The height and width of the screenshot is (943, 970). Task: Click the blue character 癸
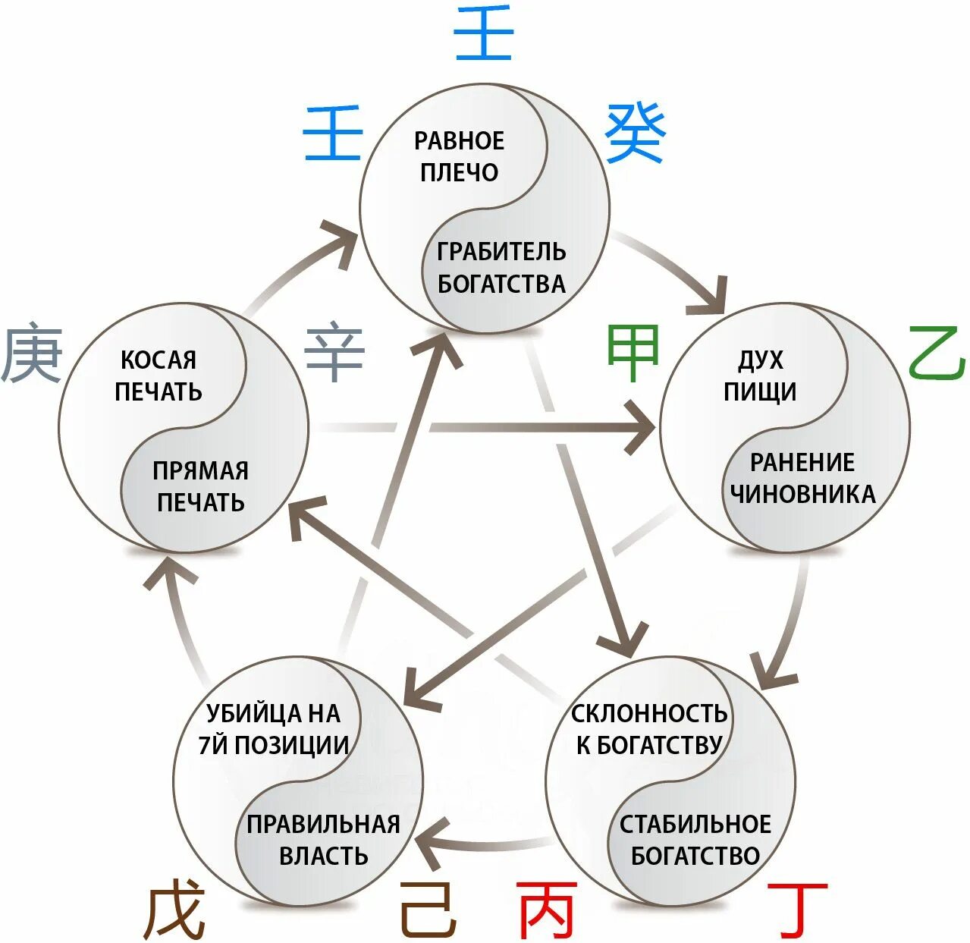pos(636,134)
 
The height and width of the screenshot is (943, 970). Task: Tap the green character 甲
pos(633,353)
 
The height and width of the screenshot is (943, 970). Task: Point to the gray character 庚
pos(32,353)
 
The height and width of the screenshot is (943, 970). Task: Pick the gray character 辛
pos(334,353)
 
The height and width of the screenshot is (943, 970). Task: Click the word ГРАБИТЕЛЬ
pos(501,251)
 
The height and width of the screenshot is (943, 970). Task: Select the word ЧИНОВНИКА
pos(802,494)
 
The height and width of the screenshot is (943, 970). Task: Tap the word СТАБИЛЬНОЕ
pos(695,824)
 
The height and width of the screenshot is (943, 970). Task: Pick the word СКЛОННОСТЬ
pos(649,714)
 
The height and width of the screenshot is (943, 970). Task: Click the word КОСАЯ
pos(159,360)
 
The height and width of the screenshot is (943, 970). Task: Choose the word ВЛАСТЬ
pos(324,856)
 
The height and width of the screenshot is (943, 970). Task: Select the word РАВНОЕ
pos(459,141)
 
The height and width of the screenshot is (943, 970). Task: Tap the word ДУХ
pos(761,360)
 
